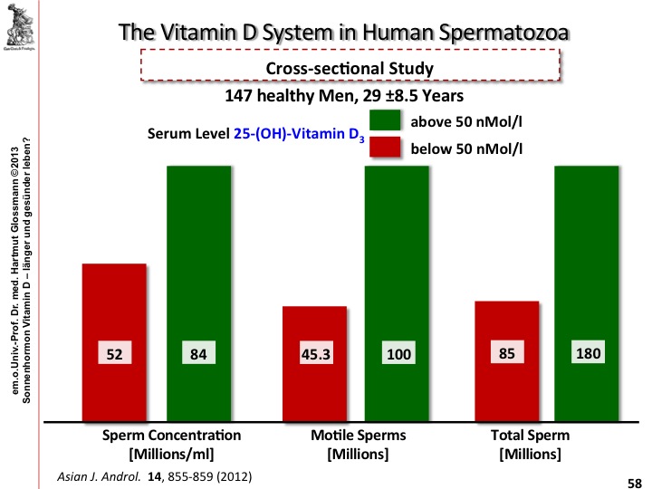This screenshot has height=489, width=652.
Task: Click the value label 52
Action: [x=113, y=354]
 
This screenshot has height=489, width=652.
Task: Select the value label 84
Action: [x=197, y=354]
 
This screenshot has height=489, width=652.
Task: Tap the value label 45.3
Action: [x=313, y=354]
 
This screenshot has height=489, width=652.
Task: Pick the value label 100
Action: [x=398, y=354]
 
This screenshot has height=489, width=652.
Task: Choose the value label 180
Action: [x=588, y=353]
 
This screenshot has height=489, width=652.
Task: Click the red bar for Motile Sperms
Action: [x=314, y=398]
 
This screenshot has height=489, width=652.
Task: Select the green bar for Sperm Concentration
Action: [x=197, y=254]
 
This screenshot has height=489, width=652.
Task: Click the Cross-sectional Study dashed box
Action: [x=351, y=68]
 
